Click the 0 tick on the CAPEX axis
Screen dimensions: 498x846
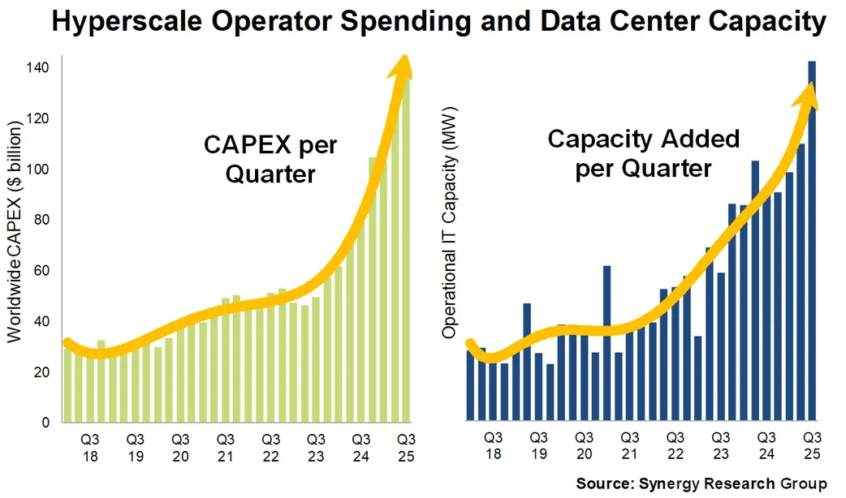tap(47, 422)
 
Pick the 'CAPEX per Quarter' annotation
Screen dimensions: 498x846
tap(270, 159)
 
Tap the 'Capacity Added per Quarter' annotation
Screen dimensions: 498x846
tap(644, 153)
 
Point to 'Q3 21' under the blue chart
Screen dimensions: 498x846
tap(629, 445)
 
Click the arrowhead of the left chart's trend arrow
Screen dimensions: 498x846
tap(401, 67)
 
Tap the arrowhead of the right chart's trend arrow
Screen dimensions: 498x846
tap(809, 95)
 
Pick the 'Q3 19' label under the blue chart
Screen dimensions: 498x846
tap(538, 445)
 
